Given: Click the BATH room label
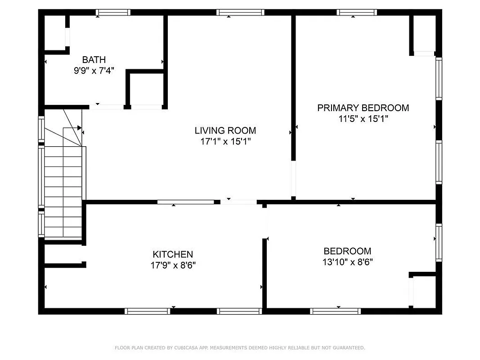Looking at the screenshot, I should [x=94, y=59].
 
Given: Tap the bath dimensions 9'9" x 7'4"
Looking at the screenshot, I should [x=94, y=70].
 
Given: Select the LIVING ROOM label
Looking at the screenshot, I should [x=225, y=130].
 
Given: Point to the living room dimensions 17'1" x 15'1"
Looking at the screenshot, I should [x=225, y=141].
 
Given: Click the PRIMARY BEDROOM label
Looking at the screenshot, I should [x=363, y=108].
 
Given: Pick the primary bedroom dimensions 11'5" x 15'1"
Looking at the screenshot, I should [x=363, y=119].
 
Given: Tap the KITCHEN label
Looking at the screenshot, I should [x=173, y=254].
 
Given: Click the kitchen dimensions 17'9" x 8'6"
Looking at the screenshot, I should [x=173, y=265].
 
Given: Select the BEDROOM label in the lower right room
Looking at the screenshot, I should [x=347, y=251].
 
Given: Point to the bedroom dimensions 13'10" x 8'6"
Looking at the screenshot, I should [x=347, y=261].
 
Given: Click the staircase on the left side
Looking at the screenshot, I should [x=63, y=189].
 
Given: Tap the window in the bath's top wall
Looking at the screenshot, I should [x=113, y=13].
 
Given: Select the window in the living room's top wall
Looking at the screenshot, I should [x=239, y=13].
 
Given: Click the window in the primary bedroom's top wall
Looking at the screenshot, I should [x=357, y=13].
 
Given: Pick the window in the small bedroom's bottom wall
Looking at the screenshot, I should [x=336, y=311].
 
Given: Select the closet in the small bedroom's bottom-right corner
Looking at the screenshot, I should [x=424, y=292].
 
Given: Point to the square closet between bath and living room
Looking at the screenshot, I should [x=147, y=89].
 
